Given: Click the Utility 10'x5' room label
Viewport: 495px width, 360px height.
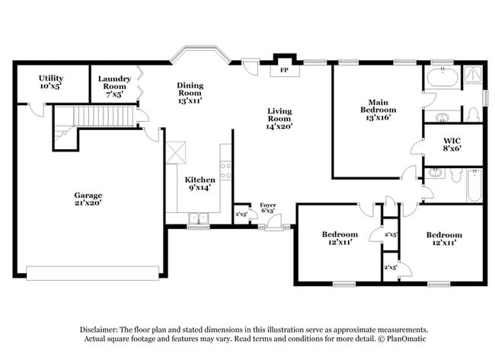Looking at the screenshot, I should pos(45,82).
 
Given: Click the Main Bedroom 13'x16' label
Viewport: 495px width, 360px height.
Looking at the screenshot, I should pos(378,110).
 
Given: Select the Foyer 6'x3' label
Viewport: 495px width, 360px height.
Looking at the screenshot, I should pos(267,209).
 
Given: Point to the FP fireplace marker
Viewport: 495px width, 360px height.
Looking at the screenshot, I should pos(285,70).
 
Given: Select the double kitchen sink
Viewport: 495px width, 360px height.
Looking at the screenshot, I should pos(198,218).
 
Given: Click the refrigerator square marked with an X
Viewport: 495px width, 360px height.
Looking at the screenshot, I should pos(177,151).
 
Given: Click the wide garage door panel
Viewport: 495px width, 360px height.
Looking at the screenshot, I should pos(92,272).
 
